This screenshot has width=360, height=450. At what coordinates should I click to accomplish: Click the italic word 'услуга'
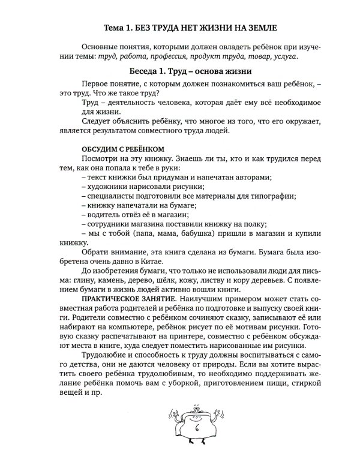284,56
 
